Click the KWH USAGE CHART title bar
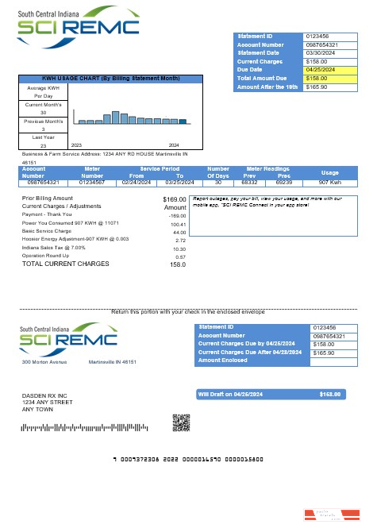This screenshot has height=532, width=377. coord(110,79)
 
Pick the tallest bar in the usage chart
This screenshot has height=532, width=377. coord(115,118)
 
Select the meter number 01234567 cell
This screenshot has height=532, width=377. coord(92,182)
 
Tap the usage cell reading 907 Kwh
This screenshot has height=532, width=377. coord(329,182)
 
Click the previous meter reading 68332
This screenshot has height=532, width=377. coord(249,182)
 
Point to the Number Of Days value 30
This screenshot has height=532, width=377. coord(218,182)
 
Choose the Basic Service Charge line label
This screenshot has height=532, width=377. coord(47,231)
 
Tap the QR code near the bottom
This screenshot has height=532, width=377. coord(182,422)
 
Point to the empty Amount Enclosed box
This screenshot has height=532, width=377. coord(324,361)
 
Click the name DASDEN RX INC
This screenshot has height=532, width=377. coord(44,395)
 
